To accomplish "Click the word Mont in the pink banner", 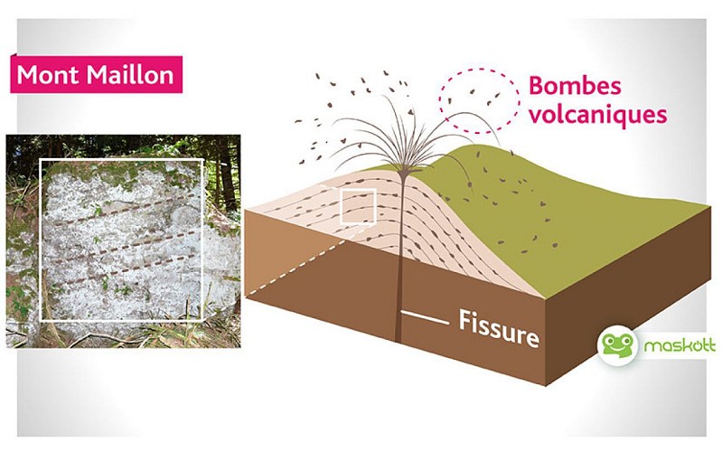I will coord(46,74).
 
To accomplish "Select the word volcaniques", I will coord(597,115).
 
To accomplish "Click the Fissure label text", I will coord(499,322).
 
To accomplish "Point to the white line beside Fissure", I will coord(424,317).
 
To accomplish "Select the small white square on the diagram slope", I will coord(357,205).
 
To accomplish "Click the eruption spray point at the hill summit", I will coord(396,163).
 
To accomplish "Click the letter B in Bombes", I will coord(537,88).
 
